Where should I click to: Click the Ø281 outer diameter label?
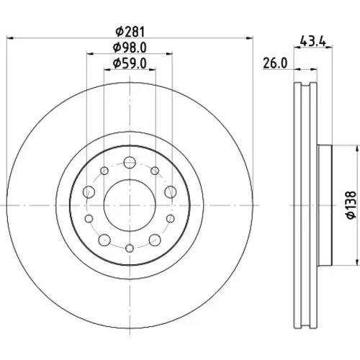tap(130, 32)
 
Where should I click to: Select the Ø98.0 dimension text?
tap(130, 48)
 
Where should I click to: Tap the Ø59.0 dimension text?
tap(130, 63)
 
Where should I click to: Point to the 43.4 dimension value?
tap(313, 41)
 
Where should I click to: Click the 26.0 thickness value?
tap(275, 63)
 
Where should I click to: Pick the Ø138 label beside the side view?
tap(351, 204)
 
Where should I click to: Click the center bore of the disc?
tap(130, 205)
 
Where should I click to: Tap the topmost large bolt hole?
tap(130, 163)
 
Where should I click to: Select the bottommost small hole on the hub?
tap(130, 248)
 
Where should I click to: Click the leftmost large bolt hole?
tap(89, 192)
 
